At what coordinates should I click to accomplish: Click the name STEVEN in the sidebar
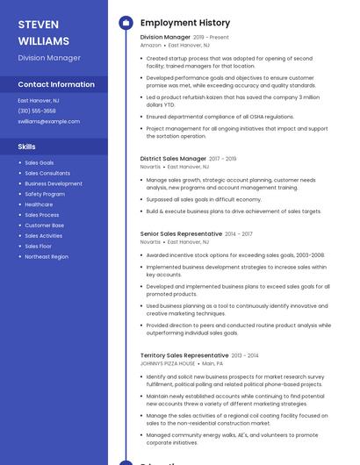click(x=38, y=24)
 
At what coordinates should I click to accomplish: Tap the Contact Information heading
click(x=56, y=84)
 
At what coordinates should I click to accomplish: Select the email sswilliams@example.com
click(x=48, y=122)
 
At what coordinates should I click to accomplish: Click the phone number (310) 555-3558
click(x=37, y=111)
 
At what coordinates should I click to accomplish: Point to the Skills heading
click(x=27, y=147)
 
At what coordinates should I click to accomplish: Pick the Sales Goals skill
click(x=40, y=163)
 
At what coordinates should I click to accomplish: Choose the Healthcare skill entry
click(x=39, y=204)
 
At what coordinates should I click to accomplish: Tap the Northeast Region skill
click(x=47, y=257)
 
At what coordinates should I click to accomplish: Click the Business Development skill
click(x=54, y=184)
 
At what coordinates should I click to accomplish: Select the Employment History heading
click(x=185, y=23)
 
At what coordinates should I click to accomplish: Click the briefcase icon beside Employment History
click(x=126, y=23)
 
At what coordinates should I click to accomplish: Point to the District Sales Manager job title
click(x=173, y=159)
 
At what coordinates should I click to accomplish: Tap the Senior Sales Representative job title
click(x=181, y=234)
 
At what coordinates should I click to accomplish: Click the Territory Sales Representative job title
click(x=184, y=355)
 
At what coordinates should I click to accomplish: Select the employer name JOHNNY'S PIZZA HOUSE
click(x=168, y=363)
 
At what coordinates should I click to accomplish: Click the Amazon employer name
click(x=150, y=45)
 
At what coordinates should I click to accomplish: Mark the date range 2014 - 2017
click(x=239, y=234)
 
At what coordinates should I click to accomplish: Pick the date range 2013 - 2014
click(x=245, y=355)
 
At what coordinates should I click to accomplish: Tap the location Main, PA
click(x=212, y=363)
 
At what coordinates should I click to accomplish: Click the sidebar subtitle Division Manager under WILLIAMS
click(x=49, y=58)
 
